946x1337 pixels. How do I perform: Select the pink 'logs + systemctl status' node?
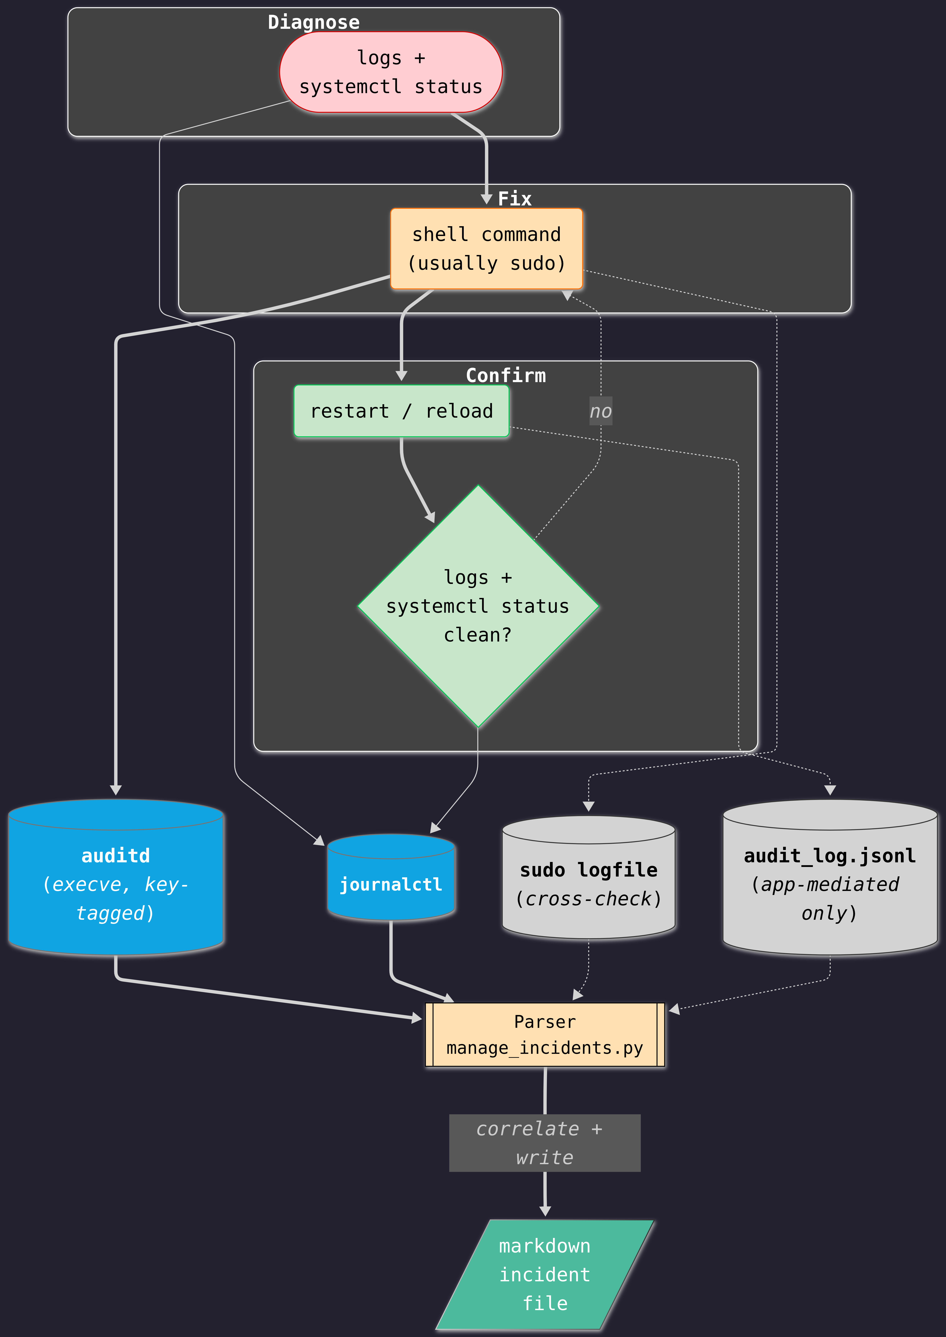coord(391,72)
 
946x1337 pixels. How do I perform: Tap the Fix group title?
coord(514,199)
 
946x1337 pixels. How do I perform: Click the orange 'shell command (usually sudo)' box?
coord(486,249)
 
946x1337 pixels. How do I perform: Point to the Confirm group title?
coord(506,375)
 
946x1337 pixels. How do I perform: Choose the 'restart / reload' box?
coord(401,411)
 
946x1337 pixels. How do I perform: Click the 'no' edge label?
coord(601,411)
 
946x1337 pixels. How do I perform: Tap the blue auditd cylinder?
coord(116,877)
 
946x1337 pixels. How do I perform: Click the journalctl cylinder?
coord(391,877)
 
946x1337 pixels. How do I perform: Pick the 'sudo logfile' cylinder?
coord(588,877)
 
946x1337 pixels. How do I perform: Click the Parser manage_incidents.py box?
coord(545,1035)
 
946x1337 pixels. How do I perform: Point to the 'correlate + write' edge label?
coord(545,1143)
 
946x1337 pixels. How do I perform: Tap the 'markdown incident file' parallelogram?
coord(545,1275)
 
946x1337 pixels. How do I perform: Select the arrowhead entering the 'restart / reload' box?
coord(401,376)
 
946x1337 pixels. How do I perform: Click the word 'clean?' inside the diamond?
coord(478,635)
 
